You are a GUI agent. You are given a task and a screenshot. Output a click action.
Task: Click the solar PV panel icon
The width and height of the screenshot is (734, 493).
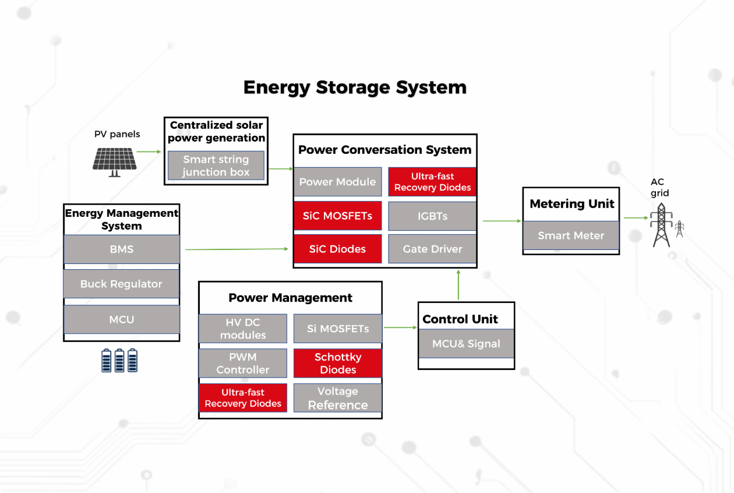click(x=115, y=160)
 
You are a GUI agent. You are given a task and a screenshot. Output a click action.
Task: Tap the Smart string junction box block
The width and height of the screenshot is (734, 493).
click(x=216, y=165)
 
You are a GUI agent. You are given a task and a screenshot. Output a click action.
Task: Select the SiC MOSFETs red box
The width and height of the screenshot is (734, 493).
click(x=337, y=216)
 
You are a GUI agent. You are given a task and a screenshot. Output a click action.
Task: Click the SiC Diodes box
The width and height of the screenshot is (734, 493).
click(x=337, y=249)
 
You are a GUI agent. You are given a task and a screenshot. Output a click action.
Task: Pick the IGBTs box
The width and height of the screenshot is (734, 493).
click(x=432, y=216)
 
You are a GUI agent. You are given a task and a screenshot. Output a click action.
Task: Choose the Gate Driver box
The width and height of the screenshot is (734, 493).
click(x=432, y=249)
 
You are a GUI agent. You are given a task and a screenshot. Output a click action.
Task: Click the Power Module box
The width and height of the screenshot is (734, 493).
click(x=337, y=182)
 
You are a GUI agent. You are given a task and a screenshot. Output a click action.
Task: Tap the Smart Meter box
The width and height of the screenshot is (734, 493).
click(x=571, y=235)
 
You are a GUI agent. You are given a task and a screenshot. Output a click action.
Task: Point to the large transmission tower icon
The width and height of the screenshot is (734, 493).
click(x=661, y=225)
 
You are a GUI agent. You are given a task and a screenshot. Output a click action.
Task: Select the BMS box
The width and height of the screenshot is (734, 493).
click(x=121, y=249)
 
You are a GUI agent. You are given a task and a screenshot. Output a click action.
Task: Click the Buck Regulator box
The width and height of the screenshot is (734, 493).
click(x=121, y=284)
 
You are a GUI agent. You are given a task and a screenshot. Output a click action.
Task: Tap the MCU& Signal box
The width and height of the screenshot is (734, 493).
click(x=466, y=343)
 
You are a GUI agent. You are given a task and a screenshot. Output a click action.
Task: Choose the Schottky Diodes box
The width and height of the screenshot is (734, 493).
click(x=338, y=363)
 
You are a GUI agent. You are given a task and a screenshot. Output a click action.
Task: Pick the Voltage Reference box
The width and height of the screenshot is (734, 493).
click(x=338, y=398)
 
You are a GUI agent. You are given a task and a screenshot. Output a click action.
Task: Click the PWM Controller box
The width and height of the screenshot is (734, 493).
click(x=243, y=363)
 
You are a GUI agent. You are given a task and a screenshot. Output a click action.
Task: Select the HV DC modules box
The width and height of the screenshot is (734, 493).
click(x=243, y=329)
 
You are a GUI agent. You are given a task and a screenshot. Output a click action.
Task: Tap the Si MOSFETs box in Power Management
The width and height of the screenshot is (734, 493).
click(x=338, y=329)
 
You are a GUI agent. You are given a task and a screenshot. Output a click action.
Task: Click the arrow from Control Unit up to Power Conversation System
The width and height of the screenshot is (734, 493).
click(x=458, y=285)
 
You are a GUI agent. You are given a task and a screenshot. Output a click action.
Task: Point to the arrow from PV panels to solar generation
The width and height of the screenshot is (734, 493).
click(x=149, y=152)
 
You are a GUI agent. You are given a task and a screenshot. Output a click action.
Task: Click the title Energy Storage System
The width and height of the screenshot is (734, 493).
click(x=355, y=87)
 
